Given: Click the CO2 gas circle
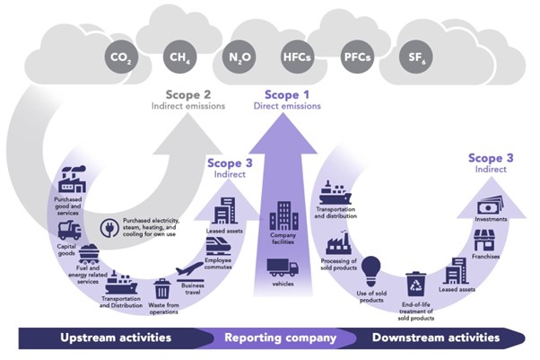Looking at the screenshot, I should coord(119,59).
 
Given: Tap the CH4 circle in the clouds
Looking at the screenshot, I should coord(178,59).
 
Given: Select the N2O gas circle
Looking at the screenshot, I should coord(238,59).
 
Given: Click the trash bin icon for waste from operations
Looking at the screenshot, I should coord(162,288).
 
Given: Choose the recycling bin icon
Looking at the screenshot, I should coord(415,285).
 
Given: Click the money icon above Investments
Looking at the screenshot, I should coord(488,206).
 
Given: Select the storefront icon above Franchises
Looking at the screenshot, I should coord(485,239).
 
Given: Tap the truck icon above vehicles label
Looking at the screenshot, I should coord(283,268).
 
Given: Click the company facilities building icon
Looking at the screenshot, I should coord(283,215).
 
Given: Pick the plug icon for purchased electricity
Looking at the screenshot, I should coord(109,228).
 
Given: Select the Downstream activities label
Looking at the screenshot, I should coord(435,338).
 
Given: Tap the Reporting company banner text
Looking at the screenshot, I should coord(279,338).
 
